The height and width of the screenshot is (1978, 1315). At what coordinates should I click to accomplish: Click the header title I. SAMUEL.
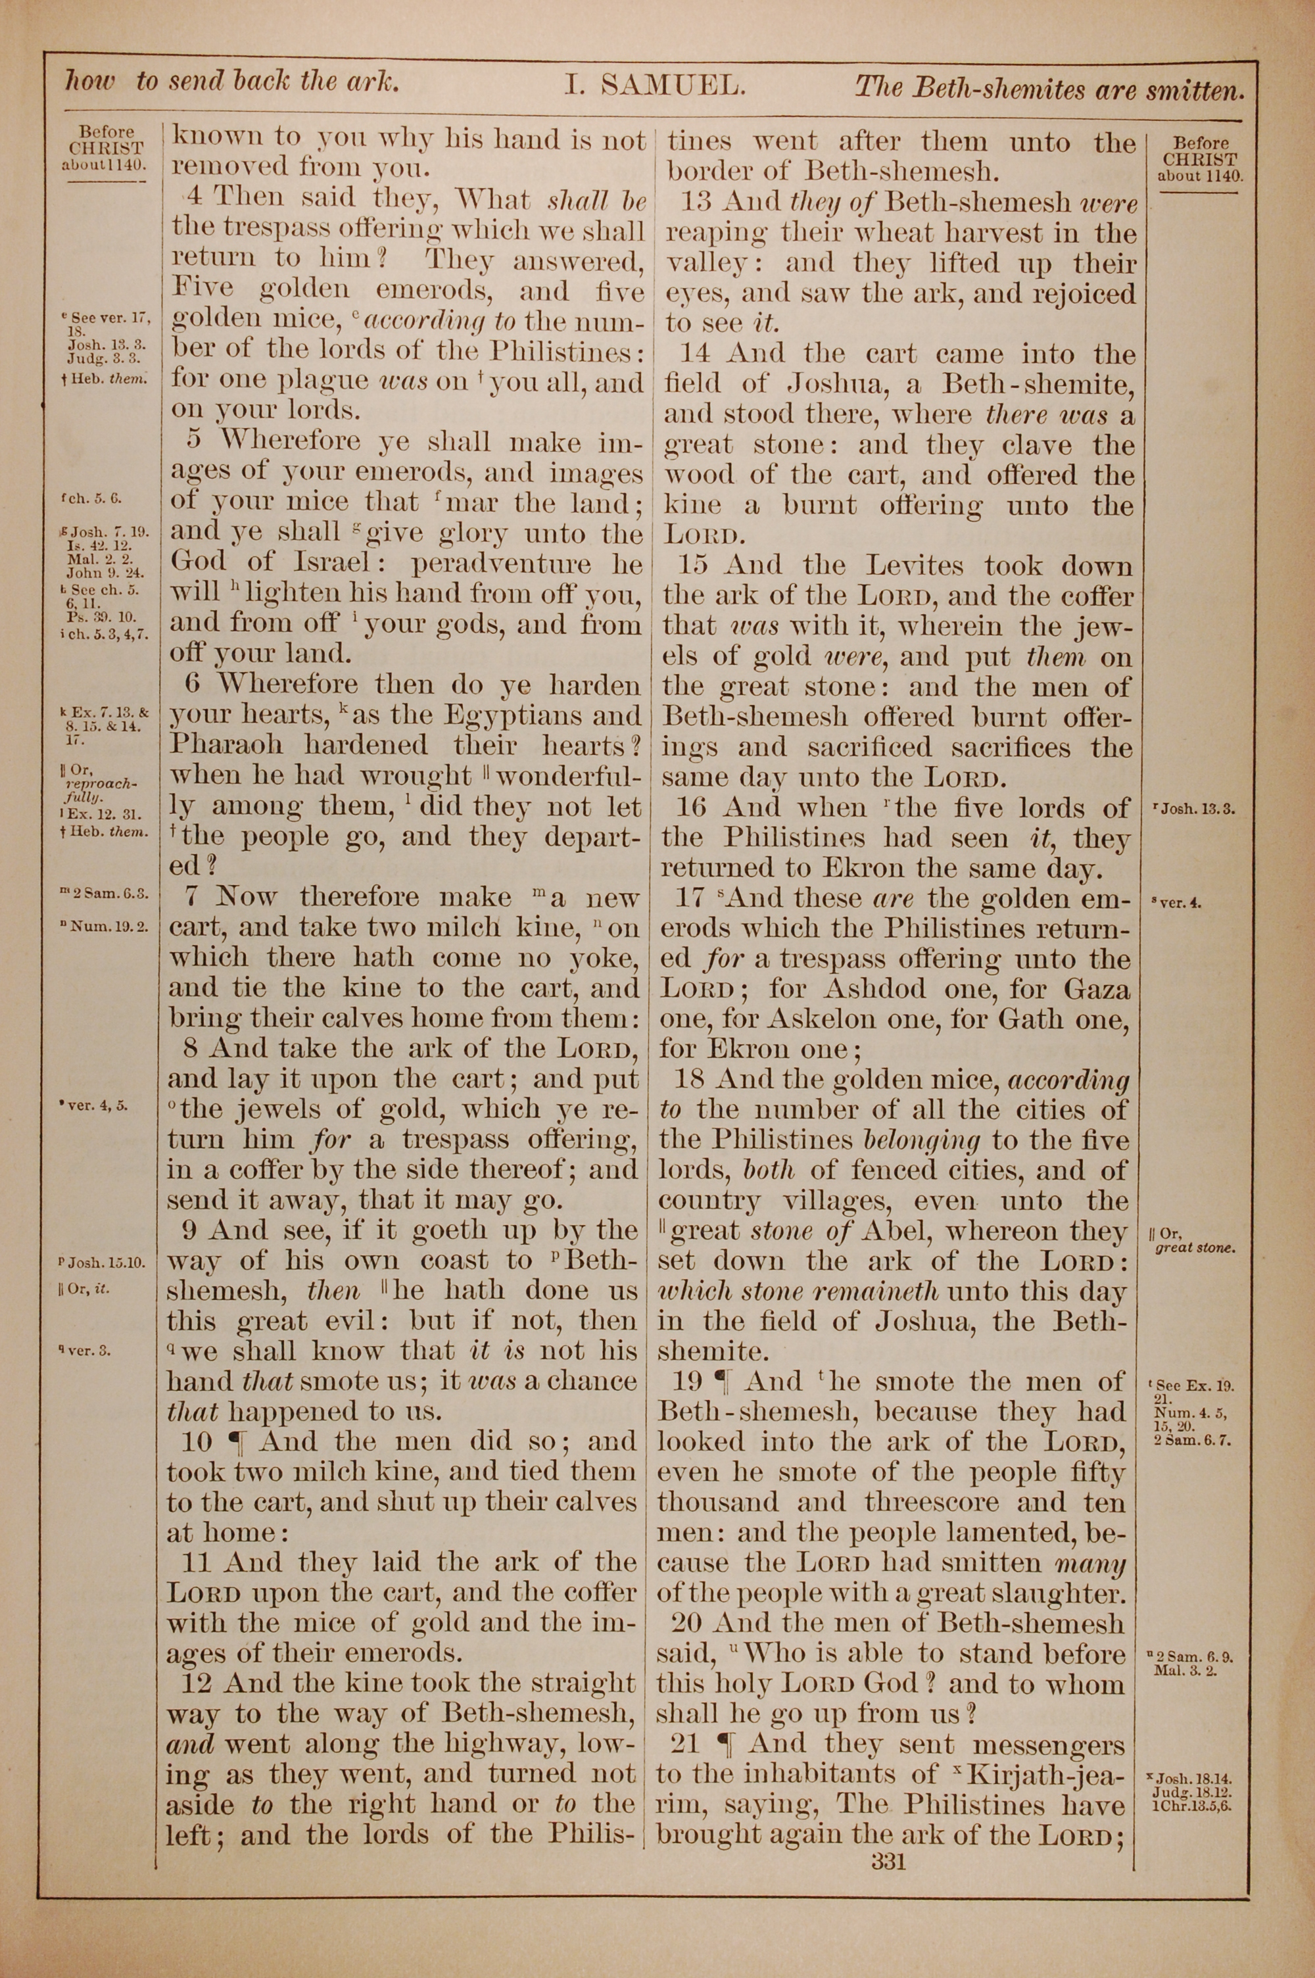(x=654, y=85)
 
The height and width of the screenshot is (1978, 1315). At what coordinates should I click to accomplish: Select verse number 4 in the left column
(x=193, y=199)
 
